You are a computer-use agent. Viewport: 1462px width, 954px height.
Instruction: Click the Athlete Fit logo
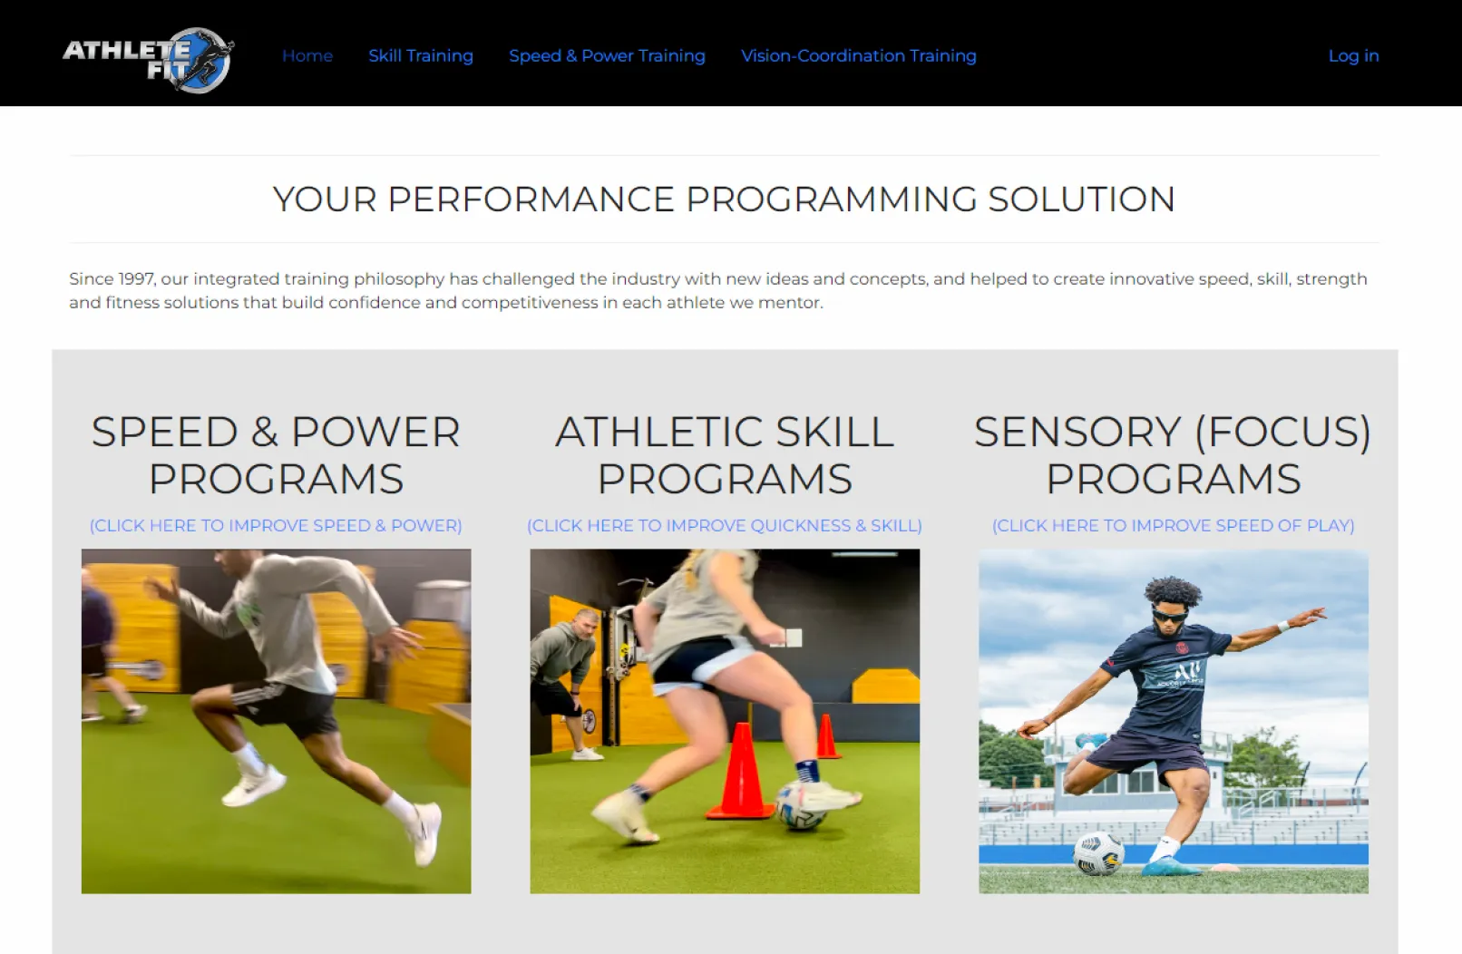tap(148, 59)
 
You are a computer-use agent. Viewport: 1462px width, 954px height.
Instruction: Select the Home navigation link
tap(307, 56)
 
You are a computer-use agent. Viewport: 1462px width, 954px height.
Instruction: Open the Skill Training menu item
tap(421, 56)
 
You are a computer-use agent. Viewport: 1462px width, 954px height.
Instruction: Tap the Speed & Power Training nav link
tap(607, 56)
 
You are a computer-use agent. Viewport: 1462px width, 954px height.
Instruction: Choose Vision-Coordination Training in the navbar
tap(859, 56)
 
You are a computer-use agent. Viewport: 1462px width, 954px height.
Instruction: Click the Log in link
tap(1354, 56)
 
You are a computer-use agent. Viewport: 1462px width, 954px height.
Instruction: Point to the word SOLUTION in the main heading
tap(1081, 199)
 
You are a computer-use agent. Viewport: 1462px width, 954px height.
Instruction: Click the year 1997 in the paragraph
tap(136, 279)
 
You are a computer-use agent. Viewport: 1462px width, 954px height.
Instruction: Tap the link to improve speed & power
tap(276, 526)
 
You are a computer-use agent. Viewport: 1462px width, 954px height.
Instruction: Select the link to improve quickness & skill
tap(725, 526)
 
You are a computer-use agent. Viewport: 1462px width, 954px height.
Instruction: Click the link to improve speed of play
tap(1174, 526)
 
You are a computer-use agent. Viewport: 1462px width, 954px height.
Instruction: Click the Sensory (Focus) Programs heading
tap(1174, 455)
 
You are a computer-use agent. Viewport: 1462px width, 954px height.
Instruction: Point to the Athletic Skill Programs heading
tap(725, 455)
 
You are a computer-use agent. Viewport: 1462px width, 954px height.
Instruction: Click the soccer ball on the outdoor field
tap(1098, 853)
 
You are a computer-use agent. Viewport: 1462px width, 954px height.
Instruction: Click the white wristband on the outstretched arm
tap(1283, 627)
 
